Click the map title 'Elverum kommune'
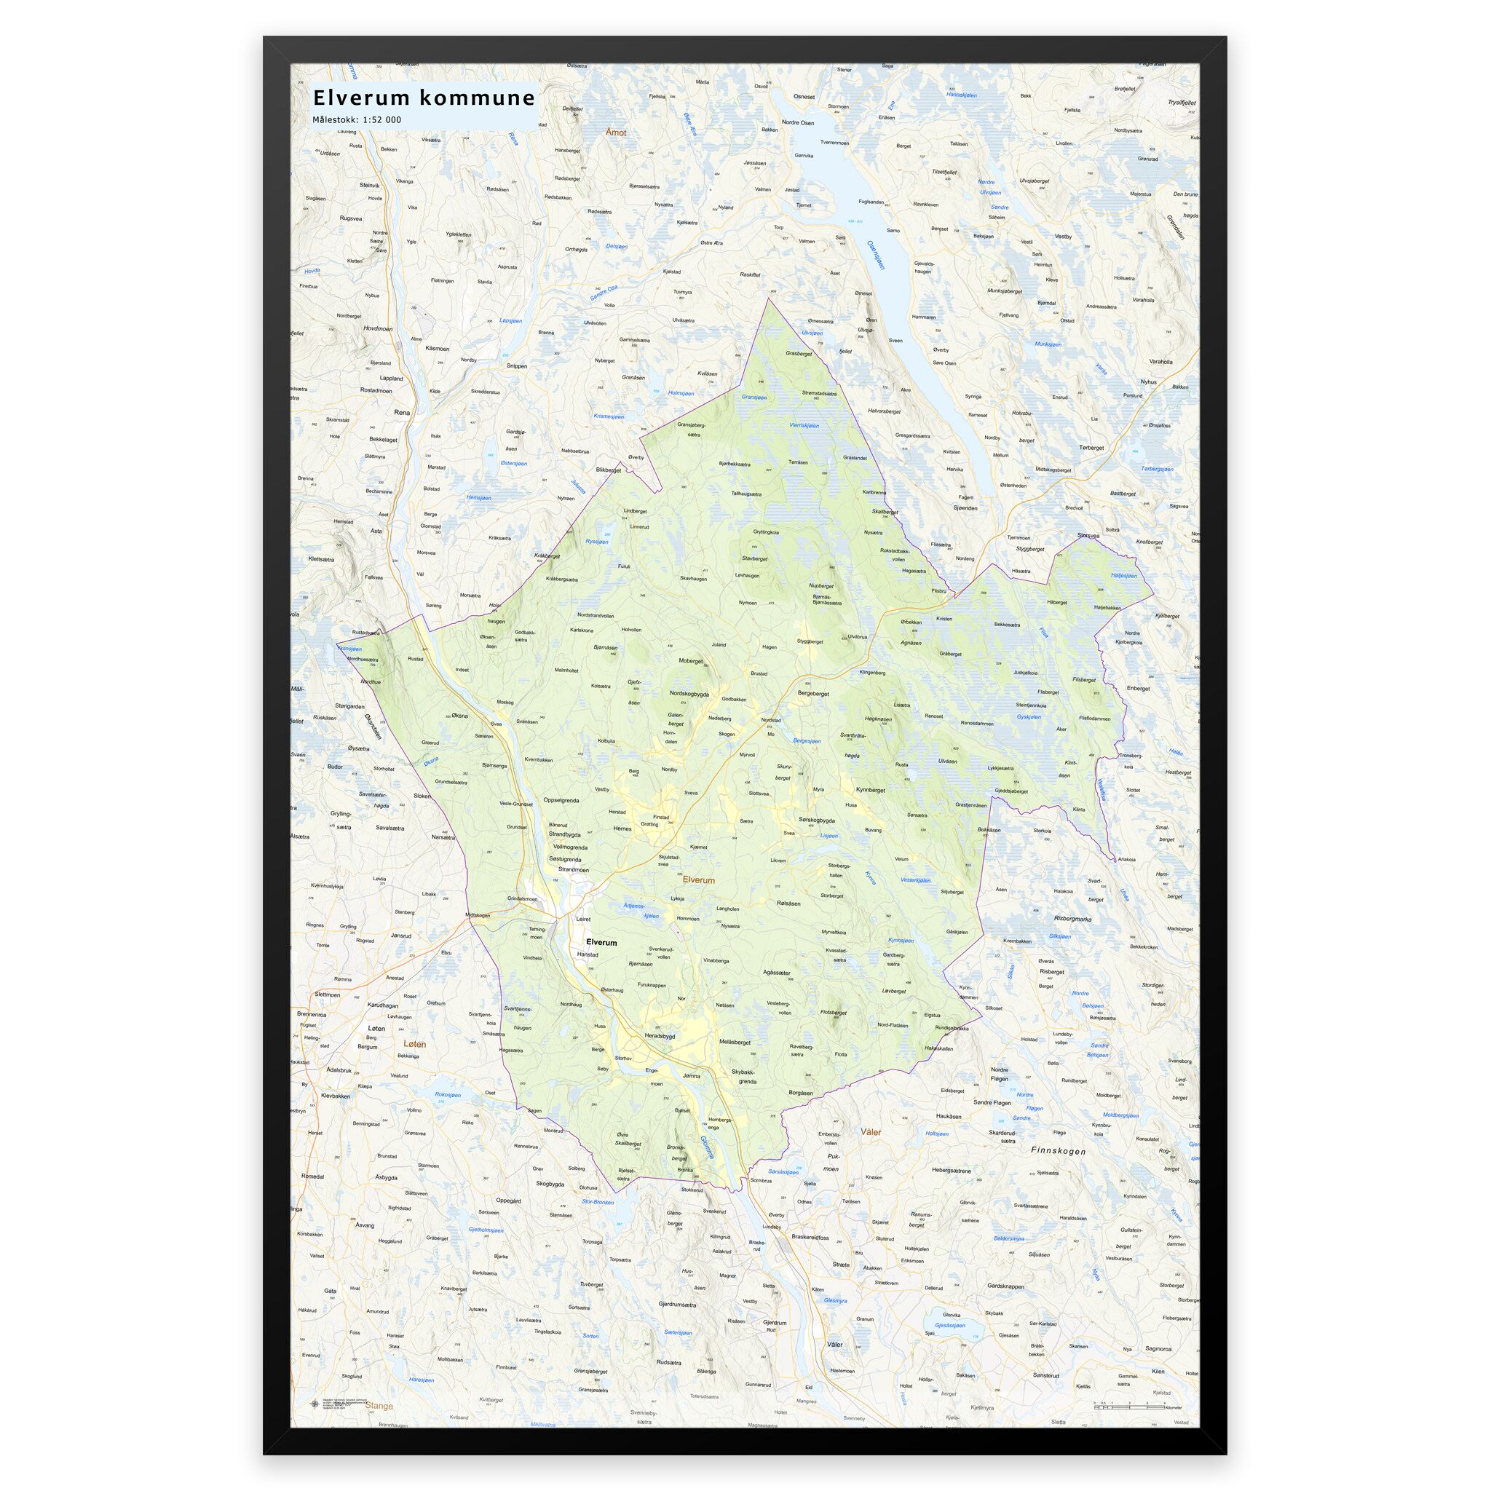point(423,98)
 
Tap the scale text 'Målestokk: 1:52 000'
point(357,119)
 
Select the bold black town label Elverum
point(601,942)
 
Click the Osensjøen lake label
point(877,255)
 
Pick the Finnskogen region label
point(1059,1151)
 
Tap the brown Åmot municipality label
point(616,133)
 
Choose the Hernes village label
point(622,828)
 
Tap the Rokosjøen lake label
point(448,1095)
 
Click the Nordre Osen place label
point(798,122)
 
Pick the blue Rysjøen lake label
point(596,542)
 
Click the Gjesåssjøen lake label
point(949,1325)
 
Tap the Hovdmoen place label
point(377,329)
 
